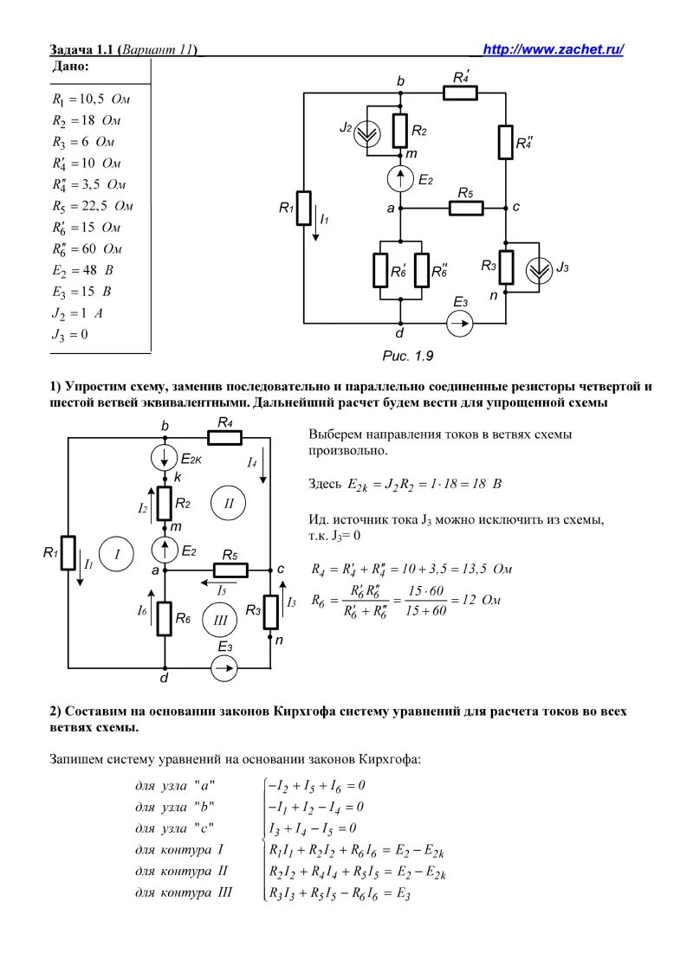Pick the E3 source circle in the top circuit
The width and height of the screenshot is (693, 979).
[x=460, y=324]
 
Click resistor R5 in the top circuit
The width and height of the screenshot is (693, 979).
[x=465, y=209]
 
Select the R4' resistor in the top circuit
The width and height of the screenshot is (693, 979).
[x=460, y=93]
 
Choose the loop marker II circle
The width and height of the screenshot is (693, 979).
[x=230, y=502]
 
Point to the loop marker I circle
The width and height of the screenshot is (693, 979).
[x=113, y=554]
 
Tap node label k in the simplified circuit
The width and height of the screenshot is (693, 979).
[x=178, y=478]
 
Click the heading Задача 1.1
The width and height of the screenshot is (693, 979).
[x=83, y=50]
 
